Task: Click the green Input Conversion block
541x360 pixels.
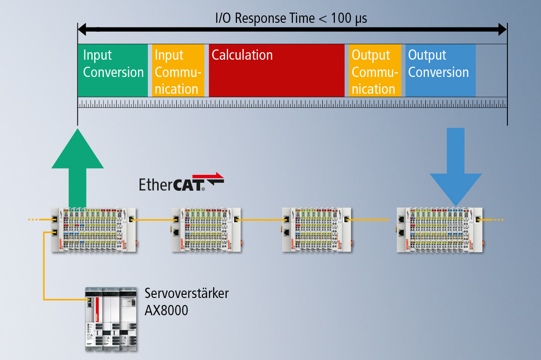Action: (x=112, y=70)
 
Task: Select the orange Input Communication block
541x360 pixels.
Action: (x=178, y=70)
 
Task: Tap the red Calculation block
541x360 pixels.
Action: (x=276, y=70)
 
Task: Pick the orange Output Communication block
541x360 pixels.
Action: (x=375, y=70)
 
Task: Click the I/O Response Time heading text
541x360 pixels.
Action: (x=291, y=18)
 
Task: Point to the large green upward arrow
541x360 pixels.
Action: (x=77, y=167)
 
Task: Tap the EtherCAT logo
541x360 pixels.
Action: (x=181, y=183)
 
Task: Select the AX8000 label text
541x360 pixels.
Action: (x=166, y=310)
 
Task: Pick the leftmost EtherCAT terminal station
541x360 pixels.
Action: (x=94, y=230)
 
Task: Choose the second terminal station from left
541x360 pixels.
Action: (x=206, y=230)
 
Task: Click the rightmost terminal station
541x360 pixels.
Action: (x=438, y=230)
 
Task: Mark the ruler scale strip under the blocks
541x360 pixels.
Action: (x=292, y=103)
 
